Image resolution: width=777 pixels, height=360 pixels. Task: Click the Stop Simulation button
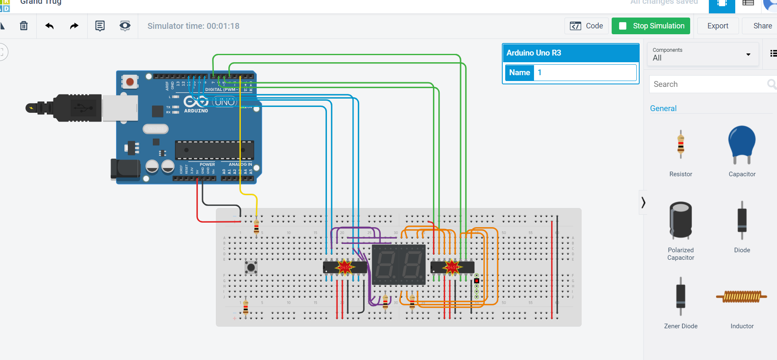pos(650,26)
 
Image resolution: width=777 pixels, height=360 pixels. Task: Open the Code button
pos(587,26)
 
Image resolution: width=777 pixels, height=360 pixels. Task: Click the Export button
pos(717,26)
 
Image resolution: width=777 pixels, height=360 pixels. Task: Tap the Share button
pos(762,26)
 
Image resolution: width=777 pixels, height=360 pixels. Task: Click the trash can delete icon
pos(24,26)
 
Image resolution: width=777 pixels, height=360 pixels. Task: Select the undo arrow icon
pos(49,26)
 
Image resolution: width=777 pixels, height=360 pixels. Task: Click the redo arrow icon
pos(74,26)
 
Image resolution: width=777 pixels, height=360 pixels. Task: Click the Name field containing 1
pos(585,73)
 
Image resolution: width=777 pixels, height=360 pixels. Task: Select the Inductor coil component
pos(742,297)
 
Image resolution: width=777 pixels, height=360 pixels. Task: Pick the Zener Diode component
pos(681,297)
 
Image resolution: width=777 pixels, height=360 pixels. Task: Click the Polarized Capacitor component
pos(681,221)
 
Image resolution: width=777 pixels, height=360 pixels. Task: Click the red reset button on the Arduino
pos(130,81)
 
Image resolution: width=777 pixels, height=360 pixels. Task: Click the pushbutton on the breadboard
pos(251,267)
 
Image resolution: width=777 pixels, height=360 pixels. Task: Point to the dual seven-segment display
pos(399,265)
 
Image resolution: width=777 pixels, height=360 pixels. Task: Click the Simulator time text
pos(193,26)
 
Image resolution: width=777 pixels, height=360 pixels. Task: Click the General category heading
pos(663,109)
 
